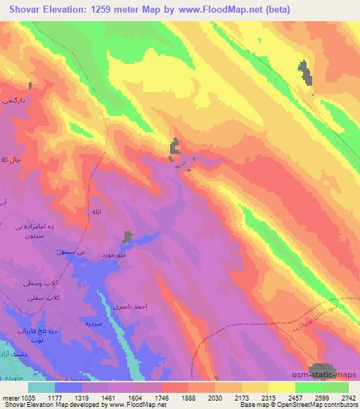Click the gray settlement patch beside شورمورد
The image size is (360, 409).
(x=127, y=238)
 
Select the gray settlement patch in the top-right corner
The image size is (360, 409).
(x=304, y=72)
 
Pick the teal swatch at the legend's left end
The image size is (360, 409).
(x=41, y=387)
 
